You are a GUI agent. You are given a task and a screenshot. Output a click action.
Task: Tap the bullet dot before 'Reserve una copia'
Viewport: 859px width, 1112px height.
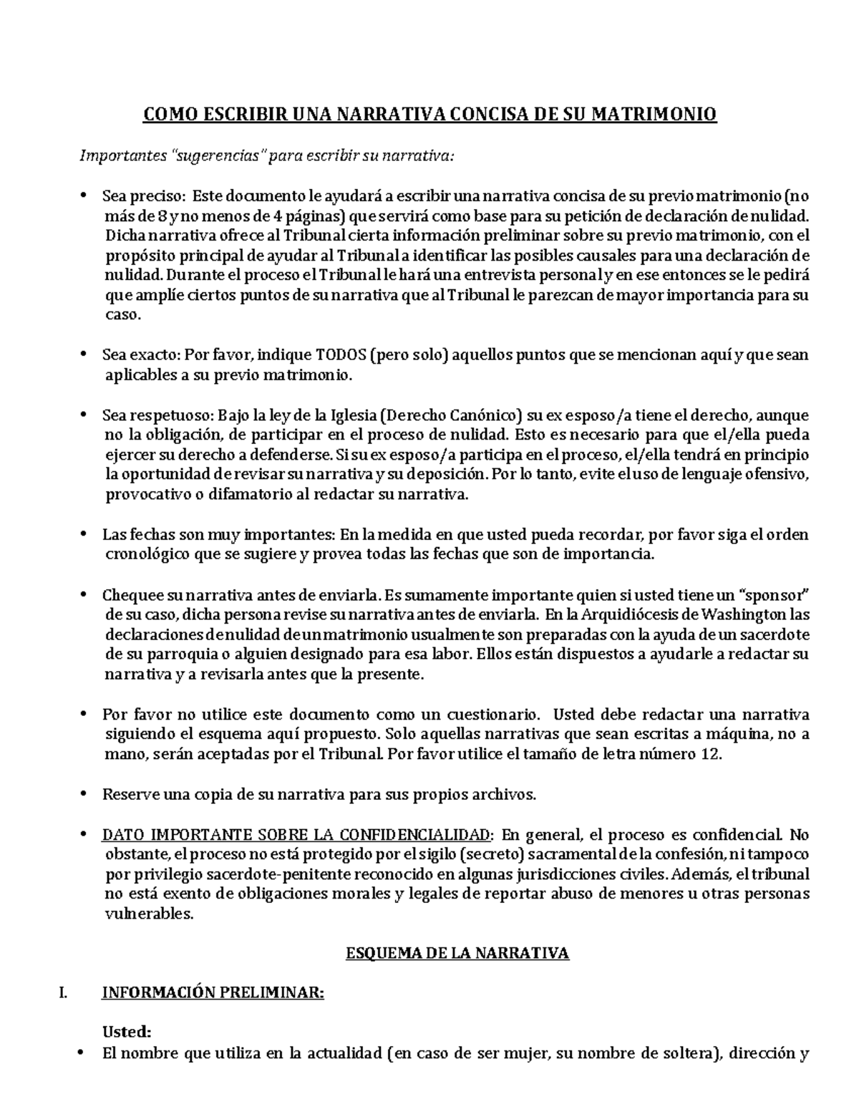(84, 795)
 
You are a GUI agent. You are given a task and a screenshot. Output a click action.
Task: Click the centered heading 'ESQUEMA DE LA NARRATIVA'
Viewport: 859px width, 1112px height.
(457, 953)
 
